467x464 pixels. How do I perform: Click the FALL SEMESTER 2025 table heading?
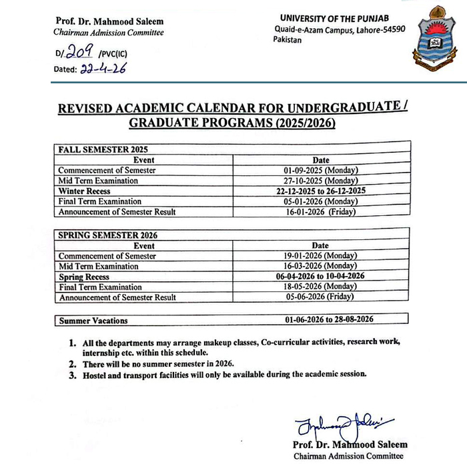tap(102, 149)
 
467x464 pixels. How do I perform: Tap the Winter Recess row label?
tap(84, 191)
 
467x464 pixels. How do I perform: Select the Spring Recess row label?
tap(84, 277)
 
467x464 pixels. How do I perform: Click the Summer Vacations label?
tap(93, 321)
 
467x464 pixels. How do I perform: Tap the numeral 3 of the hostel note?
tap(72, 374)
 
